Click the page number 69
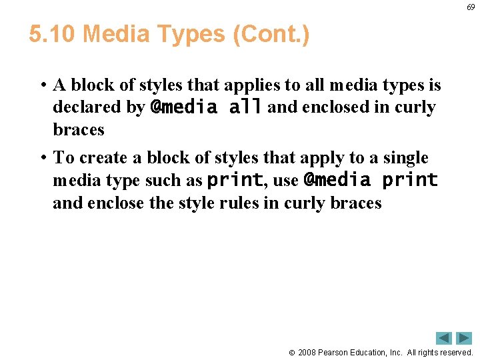point(471,7)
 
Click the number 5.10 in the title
point(53,33)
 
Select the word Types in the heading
point(194,33)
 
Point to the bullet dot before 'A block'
point(42,85)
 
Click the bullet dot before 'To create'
point(42,158)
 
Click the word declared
point(99,107)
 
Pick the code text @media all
point(206,107)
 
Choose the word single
point(403,158)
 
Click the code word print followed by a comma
point(234,180)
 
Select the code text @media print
point(370,180)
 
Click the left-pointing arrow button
point(444,338)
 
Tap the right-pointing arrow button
point(464,338)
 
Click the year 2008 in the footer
point(308,352)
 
